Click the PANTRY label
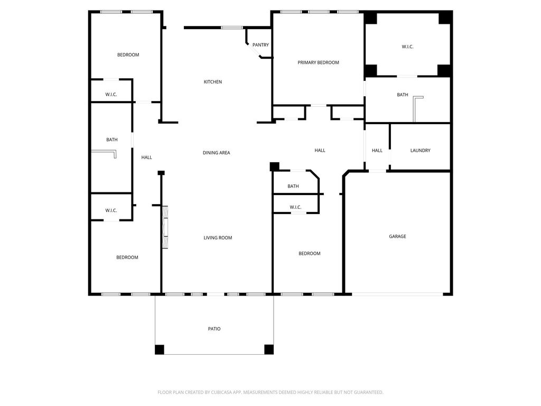pyautogui.click(x=260, y=45)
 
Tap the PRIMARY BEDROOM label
pyautogui.click(x=318, y=62)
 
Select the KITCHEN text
pyautogui.click(x=213, y=82)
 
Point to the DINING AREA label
pyautogui.click(x=216, y=153)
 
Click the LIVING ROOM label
pyautogui.click(x=218, y=237)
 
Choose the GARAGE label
pyautogui.click(x=397, y=236)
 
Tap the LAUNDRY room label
pyautogui.click(x=420, y=151)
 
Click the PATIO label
pyautogui.click(x=214, y=329)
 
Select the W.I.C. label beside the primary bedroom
pyautogui.click(x=407, y=47)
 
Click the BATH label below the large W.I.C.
pyautogui.click(x=402, y=95)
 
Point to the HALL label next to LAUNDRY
pyautogui.click(x=377, y=151)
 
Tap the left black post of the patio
pyautogui.click(x=160, y=349)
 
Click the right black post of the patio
pyautogui.click(x=269, y=349)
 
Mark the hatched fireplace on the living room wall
pyautogui.click(x=165, y=227)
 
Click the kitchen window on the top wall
pyautogui.click(x=232, y=27)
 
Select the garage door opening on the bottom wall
pyautogui.click(x=397, y=294)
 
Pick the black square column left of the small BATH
pyautogui.click(x=274, y=167)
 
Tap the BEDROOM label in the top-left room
pyautogui.click(x=128, y=55)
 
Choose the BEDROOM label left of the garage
pyautogui.click(x=310, y=253)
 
